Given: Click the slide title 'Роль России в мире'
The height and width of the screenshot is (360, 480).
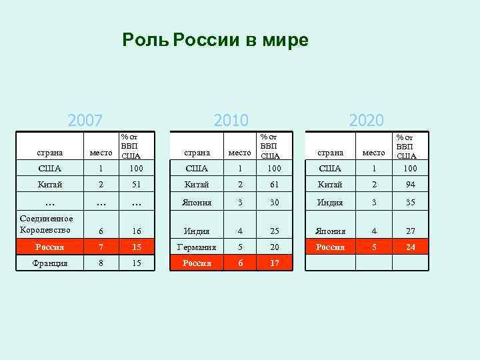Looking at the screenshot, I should (215, 41).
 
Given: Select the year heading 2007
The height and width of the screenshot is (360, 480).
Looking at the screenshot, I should (85, 121).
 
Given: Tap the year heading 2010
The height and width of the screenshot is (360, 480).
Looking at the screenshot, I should (231, 121).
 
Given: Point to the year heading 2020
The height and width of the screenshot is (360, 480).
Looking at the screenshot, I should (366, 121).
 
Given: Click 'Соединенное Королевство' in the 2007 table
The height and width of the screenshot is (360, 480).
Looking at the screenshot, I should (47, 223).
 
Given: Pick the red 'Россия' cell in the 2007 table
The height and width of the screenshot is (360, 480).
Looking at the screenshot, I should (51, 247).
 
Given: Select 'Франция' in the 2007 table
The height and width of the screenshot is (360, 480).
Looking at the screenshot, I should (51, 263).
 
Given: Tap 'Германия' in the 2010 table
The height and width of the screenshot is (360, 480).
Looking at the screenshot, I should (197, 247).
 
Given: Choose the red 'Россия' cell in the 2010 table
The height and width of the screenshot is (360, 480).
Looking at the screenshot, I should (197, 263).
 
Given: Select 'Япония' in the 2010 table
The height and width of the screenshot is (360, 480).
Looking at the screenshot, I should (197, 203).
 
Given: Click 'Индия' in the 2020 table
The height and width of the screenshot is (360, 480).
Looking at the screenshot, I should (331, 203).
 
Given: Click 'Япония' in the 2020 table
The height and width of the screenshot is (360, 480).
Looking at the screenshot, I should (331, 231).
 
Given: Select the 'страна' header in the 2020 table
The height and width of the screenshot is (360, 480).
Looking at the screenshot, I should (331, 153).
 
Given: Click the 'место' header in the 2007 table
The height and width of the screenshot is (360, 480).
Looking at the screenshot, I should (101, 154).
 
